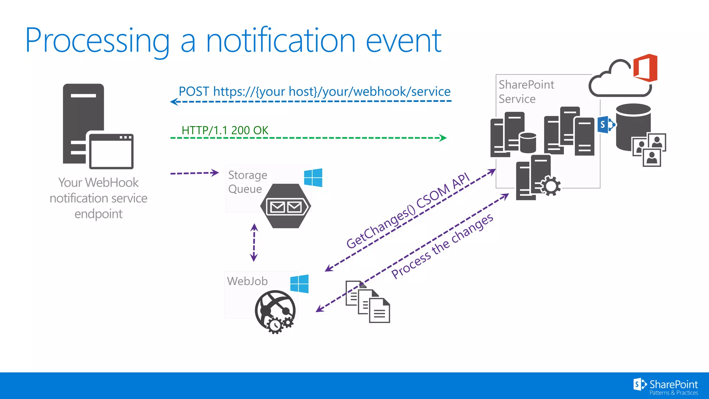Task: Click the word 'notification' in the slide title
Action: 280,41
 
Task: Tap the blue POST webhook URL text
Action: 314,91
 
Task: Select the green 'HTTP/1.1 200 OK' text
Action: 225,130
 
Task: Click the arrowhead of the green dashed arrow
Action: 443,138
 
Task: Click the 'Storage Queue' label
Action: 248,182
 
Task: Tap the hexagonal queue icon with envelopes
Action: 286,206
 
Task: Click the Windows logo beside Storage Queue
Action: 313,178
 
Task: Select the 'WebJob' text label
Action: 247,281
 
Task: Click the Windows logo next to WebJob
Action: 299,284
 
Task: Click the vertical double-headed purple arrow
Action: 254,242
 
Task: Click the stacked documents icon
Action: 368,302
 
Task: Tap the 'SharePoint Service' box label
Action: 526,92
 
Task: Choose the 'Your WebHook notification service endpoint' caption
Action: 99,198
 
